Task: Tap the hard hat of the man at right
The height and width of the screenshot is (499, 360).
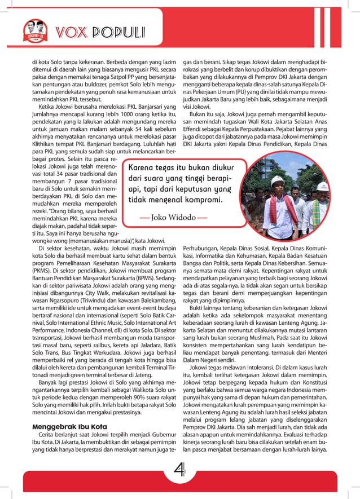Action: click(x=322, y=186)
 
